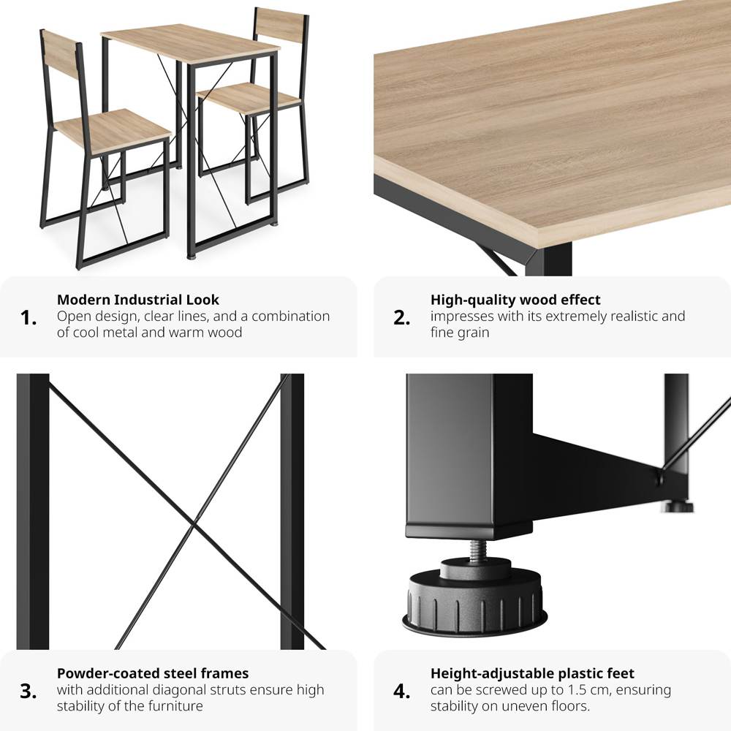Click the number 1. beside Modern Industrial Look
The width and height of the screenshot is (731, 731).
(29, 318)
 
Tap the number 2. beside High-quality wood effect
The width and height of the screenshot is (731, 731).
(402, 318)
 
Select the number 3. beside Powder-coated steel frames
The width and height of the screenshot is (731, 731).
(29, 692)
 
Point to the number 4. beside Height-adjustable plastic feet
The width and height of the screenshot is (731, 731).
(402, 692)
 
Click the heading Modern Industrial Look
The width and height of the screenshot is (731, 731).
(138, 299)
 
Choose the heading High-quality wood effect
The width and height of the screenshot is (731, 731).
(515, 299)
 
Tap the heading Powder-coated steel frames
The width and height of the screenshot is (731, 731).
(153, 673)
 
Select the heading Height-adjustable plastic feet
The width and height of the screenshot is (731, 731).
(532, 674)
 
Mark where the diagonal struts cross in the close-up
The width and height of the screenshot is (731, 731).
(194, 526)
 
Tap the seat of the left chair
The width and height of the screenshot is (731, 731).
(113, 131)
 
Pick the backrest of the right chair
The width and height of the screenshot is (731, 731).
(281, 24)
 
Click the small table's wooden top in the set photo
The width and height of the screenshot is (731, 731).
(190, 43)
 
